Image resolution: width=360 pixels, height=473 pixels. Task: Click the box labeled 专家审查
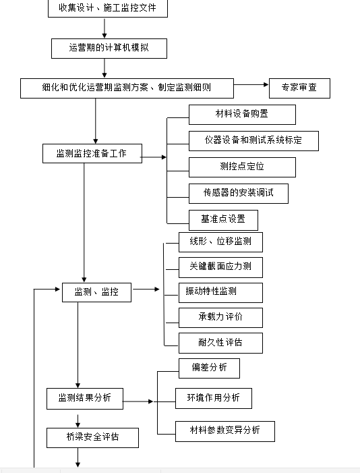(x=299, y=88)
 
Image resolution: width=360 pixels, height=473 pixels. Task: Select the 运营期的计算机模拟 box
(x=109, y=49)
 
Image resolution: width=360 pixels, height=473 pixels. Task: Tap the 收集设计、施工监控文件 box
(x=108, y=9)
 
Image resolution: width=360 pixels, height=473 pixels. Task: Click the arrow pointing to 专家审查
(x=251, y=85)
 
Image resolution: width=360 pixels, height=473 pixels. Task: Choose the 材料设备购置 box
(x=242, y=115)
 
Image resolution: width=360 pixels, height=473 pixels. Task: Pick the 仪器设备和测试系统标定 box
(x=253, y=141)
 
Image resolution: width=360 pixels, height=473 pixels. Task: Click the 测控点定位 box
(x=242, y=167)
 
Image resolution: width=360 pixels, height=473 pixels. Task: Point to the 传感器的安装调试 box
(x=239, y=194)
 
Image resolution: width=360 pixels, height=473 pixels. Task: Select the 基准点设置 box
(x=223, y=220)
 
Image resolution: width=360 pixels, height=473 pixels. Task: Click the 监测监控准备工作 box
(x=92, y=154)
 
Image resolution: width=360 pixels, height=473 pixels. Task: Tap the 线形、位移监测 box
(x=220, y=242)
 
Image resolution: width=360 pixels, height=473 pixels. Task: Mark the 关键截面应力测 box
(x=220, y=267)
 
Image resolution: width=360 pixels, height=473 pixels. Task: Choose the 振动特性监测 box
(x=220, y=293)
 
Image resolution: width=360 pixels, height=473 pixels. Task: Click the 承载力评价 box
(x=220, y=318)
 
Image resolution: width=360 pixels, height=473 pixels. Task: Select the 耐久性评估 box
(x=220, y=343)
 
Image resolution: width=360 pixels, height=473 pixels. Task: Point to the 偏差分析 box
(x=209, y=368)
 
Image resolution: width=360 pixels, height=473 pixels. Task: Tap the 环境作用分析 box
(x=214, y=399)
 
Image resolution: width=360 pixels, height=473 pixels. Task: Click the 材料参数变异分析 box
(x=225, y=431)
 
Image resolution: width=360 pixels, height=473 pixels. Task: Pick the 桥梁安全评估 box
(x=92, y=438)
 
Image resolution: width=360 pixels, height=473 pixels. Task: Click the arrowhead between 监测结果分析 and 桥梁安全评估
(x=78, y=425)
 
